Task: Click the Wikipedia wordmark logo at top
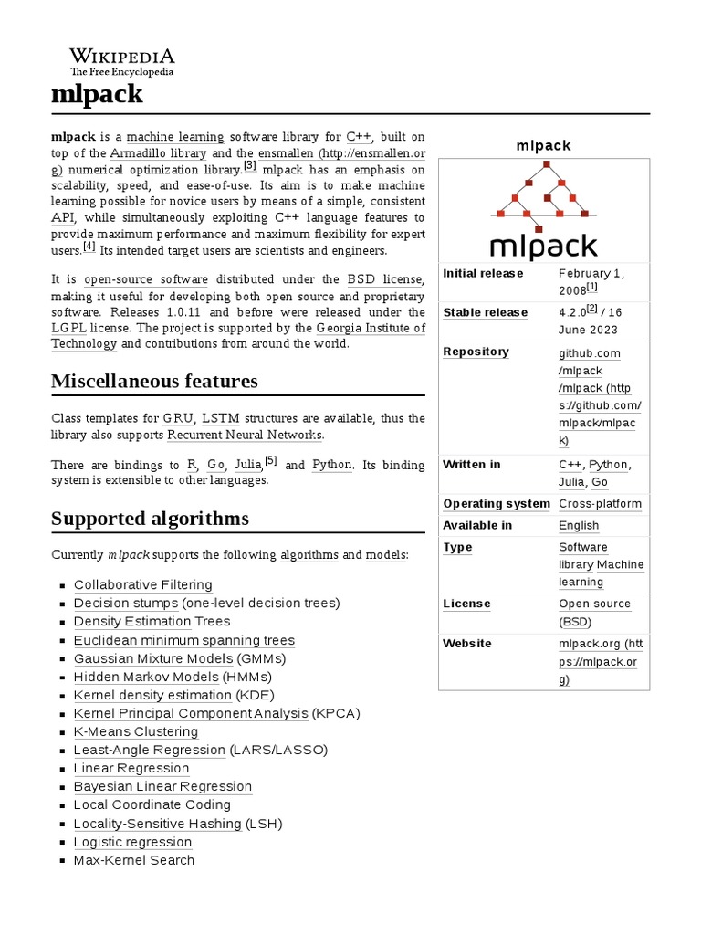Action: click(x=122, y=59)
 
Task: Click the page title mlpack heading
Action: click(x=97, y=94)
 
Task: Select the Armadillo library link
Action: click(x=158, y=153)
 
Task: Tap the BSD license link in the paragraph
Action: click(x=384, y=279)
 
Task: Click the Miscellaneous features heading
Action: click(x=154, y=381)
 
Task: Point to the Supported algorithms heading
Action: click(x=150, y=519)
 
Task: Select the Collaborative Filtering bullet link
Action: click(x=142, y=585)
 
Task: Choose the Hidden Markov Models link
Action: click(x=146, y=677)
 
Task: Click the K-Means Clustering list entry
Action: click(x=135, y=731)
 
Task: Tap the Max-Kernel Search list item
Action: click(x=133, y=860)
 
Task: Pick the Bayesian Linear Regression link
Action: click(x=162, y=786)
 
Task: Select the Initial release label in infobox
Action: click(x=483, y=273)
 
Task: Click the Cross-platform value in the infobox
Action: click(x=600, y=504)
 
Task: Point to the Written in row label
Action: click(x=471, y=465)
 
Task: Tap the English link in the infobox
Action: click(x=579, y=526)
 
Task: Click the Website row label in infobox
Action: click(x=466, y=644)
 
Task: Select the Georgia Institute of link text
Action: click(x=371, y=328)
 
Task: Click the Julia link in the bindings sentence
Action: click(x=247, y=465)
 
